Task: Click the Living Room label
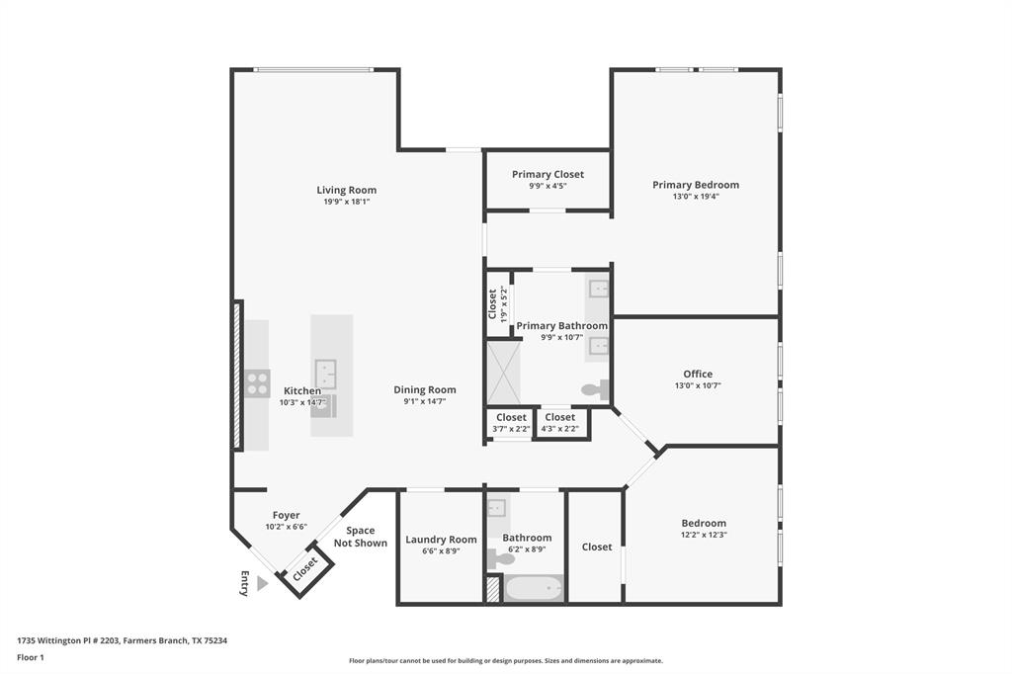tap(346, 190)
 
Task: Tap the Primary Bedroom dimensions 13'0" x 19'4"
tap(696, 197)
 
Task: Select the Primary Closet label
tap(548, 174)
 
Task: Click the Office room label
tap(697, 374)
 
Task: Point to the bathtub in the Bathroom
tap(534, 589)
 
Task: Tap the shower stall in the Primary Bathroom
tap(502, 372)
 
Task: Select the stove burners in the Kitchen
tap(257, 382)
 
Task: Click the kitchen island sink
tap(327, 374)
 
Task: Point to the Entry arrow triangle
tap(262, 584)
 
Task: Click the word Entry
tap(244, 583)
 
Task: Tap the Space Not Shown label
tap(360, 537)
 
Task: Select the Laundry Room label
tap(441, 540)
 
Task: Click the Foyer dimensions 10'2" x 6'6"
tap(286, 527)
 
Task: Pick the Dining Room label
tap(425, 389)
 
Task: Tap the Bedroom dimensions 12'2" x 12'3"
tap(703, 535)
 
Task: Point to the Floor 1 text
tap(32, 656)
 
